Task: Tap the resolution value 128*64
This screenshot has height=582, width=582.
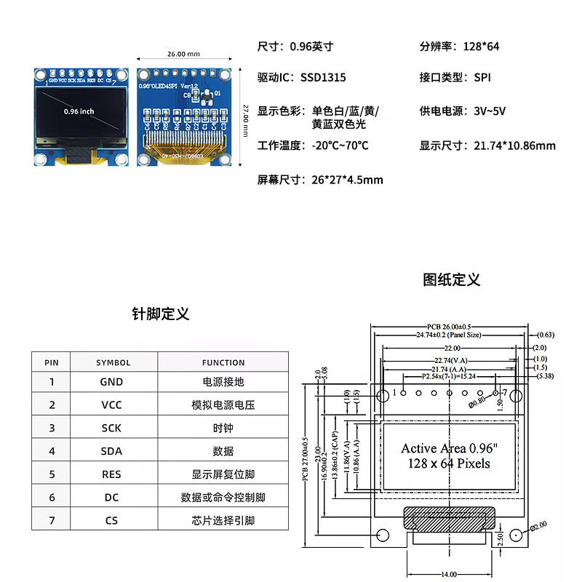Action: [481, 47]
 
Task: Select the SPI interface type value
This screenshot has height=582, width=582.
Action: [482, 77]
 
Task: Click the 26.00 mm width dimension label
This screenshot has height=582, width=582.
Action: [183, 54]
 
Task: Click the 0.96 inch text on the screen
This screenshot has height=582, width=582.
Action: [79, 111]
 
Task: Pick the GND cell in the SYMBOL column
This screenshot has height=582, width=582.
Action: [111, 381]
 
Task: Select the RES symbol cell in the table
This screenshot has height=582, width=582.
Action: [111, 474]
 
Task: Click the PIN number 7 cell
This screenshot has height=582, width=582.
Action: [52, 520]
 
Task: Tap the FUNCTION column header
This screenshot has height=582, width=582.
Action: [223, 362]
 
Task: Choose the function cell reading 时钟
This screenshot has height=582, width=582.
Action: [223, 428]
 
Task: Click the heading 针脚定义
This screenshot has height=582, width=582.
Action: [160, 314]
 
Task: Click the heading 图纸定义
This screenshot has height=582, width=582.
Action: [452, 280]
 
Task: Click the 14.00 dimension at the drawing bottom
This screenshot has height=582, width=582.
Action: [448, 574]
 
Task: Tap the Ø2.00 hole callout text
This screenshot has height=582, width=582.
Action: [539, 526]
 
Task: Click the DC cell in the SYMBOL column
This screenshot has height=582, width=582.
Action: [111, 498]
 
